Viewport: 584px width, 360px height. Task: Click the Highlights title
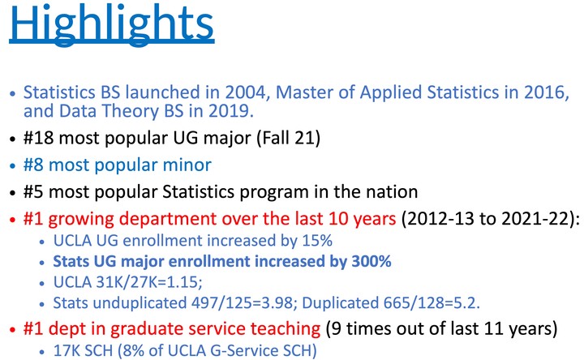(112, 25)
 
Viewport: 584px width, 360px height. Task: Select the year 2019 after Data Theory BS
(230, 111)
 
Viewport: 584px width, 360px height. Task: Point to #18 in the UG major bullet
(38, 138)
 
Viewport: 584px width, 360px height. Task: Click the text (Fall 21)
(288, 138)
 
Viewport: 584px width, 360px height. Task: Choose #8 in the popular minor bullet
(33, 165)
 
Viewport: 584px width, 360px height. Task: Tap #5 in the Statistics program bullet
(33, 191)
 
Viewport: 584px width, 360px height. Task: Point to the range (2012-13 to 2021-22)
(488, 219)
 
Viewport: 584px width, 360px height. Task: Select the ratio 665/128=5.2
(432, 303)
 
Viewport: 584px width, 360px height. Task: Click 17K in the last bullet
(64, 351)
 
